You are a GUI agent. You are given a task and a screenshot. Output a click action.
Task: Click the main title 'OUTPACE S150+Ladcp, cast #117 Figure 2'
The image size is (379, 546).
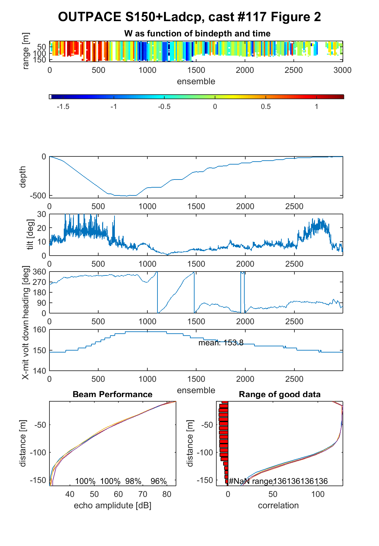pyautogui.click(x=189, y=17)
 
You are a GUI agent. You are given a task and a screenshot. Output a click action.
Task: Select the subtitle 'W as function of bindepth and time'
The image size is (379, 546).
pyautogui.click(x=197, y=33)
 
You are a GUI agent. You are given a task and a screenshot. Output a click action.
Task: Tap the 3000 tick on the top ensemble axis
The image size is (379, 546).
pyautogui.click(x=343, y=70)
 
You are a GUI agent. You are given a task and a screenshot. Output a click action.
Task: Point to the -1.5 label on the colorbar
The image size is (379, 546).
pyautogui.click(x=63, y=107)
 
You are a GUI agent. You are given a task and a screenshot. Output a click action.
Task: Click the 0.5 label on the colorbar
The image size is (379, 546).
pyautogui.click(x=265, y=107)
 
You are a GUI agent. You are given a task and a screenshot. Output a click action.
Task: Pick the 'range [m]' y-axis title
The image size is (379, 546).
pyautogui.click(x=26, y=51)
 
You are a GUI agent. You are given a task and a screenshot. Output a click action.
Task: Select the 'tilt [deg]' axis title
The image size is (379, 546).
pyautogui.click(x=30, y=234)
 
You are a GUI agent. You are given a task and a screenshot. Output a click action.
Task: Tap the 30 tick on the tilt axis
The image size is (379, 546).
pyautogui.click(x=41, y=214)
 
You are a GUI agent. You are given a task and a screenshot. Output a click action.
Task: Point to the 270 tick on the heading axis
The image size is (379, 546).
pyautogui.click(x=39, y=282)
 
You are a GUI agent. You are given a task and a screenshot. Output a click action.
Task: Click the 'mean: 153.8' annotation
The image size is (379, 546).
pyautogui.click(x=221, y=343)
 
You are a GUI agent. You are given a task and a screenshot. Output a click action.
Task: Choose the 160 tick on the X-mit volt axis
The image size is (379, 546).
pyautogui.click(x=39, y=329)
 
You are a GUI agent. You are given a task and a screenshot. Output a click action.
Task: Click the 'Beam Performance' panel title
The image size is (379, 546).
pyautogui.click(x=113, y=394)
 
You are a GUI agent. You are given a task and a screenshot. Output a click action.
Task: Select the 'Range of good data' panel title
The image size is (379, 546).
pyautogui.click(x=279, y=394)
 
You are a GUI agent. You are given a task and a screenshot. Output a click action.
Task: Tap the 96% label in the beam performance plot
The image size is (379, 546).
pyautogui.click(x=158, y=481)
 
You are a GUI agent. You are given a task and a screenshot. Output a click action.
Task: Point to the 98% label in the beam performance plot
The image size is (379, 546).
pyautogui.click(x=133, y=481)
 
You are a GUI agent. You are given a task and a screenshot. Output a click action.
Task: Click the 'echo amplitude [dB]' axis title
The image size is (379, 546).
pyautogui.click(x=113, y=505)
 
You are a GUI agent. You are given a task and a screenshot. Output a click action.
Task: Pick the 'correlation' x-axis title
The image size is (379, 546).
pyautogui.click(x=278, y=505)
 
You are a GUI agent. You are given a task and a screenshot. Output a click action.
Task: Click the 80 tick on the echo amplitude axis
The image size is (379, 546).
pyautogui.click(x=167, y=494)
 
